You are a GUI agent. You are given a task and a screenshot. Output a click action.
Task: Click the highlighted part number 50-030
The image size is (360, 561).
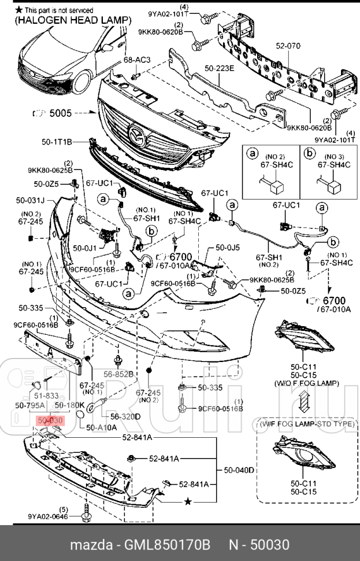[x=50, y=420]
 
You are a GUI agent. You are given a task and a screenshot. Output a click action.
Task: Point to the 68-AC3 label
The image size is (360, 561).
[x=136, y=60]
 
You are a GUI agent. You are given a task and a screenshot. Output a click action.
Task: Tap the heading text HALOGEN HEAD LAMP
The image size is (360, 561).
[x=70, y=20]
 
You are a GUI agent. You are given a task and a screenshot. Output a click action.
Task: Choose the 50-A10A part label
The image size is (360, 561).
[x=102, y=427]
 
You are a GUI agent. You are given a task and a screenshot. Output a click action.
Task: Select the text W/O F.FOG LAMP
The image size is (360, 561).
[x=303, y=383]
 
